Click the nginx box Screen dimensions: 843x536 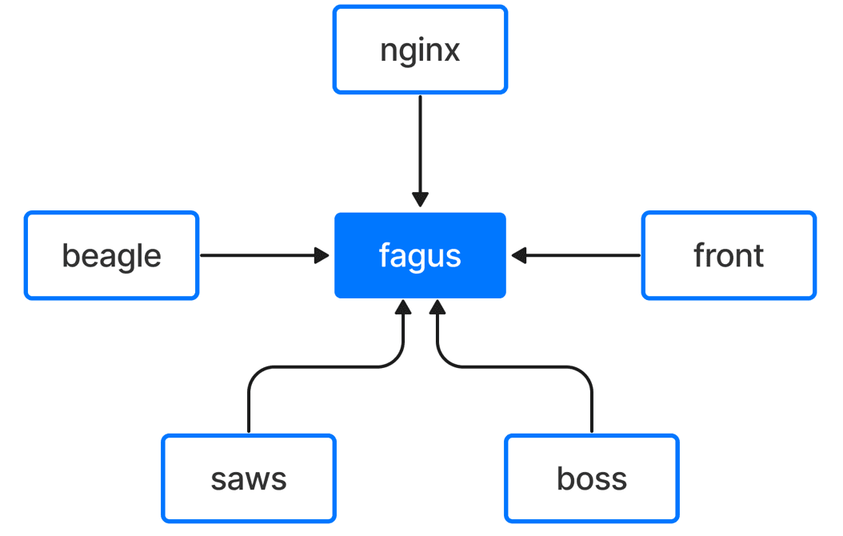(420, 50)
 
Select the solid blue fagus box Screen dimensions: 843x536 (420, 255)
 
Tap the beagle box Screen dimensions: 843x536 (111, 255)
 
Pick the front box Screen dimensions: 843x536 (729, 255)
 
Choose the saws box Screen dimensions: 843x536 (249, 478)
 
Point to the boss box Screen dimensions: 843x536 (591, 478)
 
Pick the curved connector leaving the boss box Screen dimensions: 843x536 (515, 367)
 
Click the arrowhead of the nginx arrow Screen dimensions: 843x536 (420, 199)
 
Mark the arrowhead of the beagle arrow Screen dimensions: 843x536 (322, 255)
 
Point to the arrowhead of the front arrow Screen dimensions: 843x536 (519, 255)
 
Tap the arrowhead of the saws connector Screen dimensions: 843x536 (403, 307)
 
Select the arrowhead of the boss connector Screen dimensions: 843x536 (437, 307)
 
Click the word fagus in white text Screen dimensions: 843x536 (420, 256)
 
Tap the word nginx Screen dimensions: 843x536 (420, 52)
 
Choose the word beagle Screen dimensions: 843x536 (111, 256)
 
